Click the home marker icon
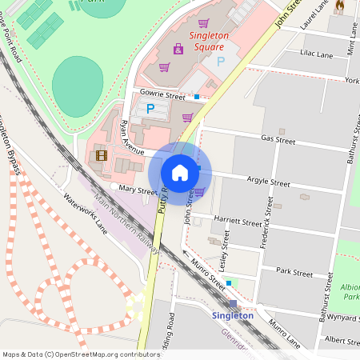(180, 172)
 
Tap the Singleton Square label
(209, 41)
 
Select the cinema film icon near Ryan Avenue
(101, 155)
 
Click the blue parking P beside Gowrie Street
(150, 106)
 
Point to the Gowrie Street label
(162, 93)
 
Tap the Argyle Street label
(268, 183)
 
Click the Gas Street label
(278, 141)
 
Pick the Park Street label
(294, 273)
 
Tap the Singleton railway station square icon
(233, 303)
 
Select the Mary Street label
(136, 191)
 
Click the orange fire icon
(339, 6)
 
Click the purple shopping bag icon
(178, 49)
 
